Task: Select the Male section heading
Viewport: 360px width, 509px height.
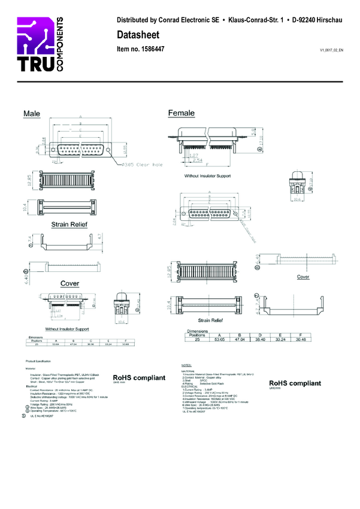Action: click(32, 113)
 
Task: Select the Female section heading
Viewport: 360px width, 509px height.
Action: click(181, 113)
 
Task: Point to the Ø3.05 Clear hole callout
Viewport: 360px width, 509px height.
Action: click(142, 163)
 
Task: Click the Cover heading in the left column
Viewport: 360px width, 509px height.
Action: click(69, 283)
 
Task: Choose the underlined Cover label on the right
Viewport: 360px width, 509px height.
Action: click(303, 277)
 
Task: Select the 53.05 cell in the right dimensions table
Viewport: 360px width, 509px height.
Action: click(220, 338)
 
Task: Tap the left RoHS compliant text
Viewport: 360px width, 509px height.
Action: click(138, 378)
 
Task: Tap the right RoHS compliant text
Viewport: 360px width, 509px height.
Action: click(295, 383)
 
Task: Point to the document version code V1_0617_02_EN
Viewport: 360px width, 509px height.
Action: click(331, 51)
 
